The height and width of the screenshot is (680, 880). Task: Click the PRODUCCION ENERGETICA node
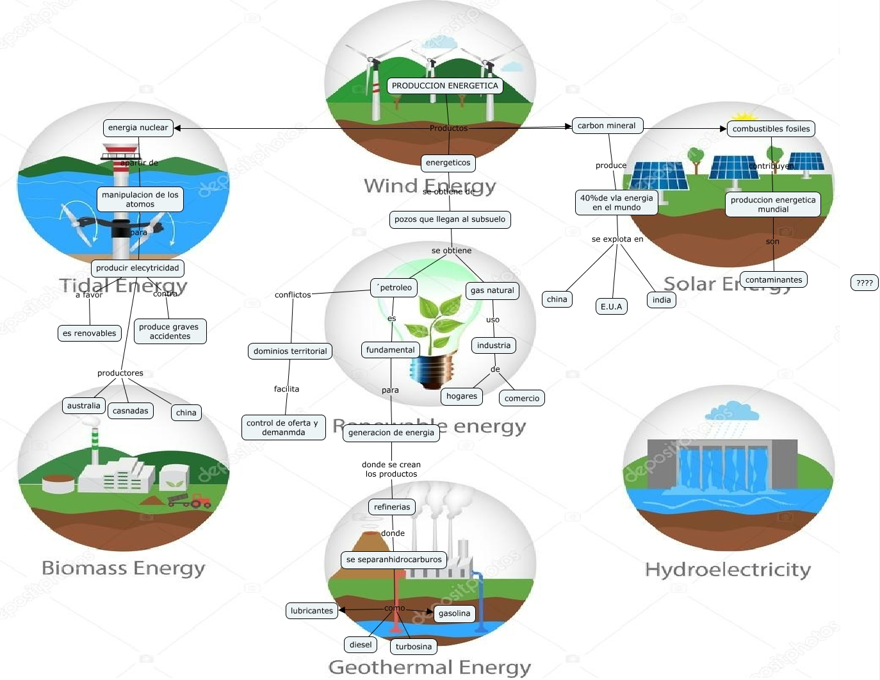pos(444,86)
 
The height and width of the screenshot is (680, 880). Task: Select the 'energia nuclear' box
pos(138,128)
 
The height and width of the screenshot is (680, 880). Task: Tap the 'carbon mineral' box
pos(606,126)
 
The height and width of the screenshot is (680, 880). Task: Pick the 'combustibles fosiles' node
pos(770,129)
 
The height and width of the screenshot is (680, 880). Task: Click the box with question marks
pos(864,283)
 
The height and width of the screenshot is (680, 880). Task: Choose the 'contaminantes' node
pos(773,279)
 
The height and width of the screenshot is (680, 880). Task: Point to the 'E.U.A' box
pos(611,306)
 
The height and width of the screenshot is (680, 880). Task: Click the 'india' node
pos(661,299)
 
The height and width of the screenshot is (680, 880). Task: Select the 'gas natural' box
pos(492,290)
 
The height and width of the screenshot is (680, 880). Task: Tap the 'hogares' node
pos(461,396)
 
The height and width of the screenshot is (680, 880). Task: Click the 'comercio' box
pos(521,398)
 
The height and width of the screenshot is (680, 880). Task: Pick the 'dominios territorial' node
pos(289,351)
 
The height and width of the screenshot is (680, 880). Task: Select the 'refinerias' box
pos(391,507)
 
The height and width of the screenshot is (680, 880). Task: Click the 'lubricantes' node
pos(311,611)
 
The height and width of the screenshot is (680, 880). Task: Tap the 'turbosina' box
pos(413,647)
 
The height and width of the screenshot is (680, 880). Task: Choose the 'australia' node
pos(83,406)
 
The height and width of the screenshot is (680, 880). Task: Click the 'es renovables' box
pos(89,333)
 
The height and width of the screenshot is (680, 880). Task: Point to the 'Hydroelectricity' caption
pos(728,569)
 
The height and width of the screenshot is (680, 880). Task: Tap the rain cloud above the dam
pos(728,411)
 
